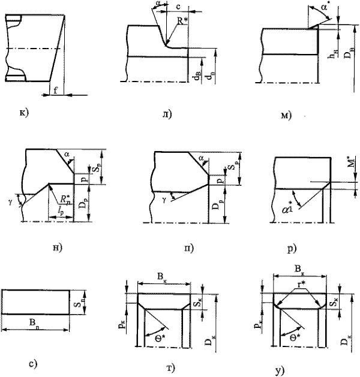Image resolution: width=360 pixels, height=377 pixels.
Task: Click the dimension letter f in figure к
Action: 55,92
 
